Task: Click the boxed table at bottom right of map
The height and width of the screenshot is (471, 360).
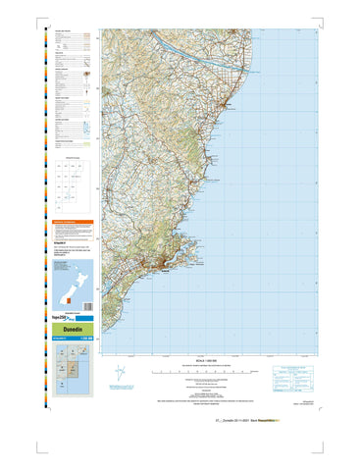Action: click(x=296, y=377)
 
